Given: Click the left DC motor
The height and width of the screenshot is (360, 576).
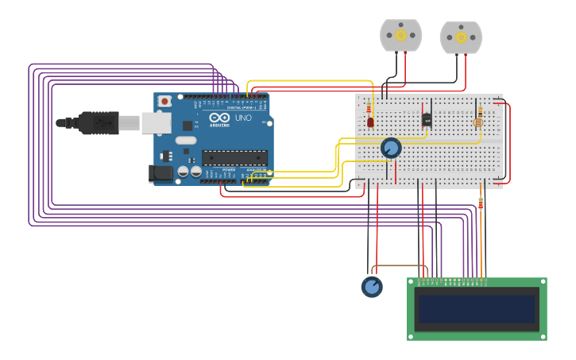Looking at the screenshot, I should coord(401,37).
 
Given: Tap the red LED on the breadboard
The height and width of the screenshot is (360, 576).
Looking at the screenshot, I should coord(370,122).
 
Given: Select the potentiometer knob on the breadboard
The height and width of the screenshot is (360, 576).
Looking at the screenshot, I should coord(391,148).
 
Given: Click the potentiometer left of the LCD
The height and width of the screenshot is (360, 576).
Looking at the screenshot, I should coord(372,287).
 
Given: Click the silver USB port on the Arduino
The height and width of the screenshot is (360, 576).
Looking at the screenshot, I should coord(156,122).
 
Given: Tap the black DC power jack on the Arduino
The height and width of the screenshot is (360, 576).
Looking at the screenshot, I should coord(160,173).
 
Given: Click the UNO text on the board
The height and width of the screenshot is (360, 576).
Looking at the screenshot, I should coord(243,118).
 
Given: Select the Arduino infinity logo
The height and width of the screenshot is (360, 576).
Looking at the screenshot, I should coord(220,118).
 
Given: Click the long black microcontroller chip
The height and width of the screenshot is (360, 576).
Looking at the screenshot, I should coord(234,157).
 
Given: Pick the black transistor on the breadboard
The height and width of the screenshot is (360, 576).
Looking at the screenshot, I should coord(427,119).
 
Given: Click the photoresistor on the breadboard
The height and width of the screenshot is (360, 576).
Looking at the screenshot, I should coord(477,122).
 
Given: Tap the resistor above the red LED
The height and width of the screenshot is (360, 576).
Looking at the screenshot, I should coord(369,107).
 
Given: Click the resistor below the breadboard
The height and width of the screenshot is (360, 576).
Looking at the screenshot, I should coord(481,203).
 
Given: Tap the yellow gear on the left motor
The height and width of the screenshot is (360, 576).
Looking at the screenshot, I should coord(400,34).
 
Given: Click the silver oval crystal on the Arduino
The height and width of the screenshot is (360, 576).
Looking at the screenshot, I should coord(187,141).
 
